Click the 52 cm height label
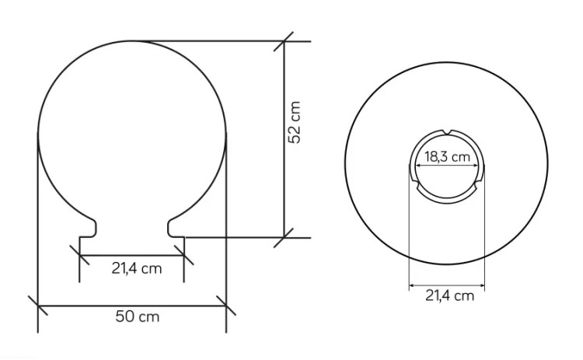tap(294, 122)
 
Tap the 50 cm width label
tap(137, 317)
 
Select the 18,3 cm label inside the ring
tap(447, 157)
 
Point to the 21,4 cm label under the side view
tap(137, 268)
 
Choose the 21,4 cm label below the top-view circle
tap(449, 295)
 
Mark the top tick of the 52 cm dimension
tap(284, 41)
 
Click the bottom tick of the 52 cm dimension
tap(284, 238)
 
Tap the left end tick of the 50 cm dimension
tap(38, 306)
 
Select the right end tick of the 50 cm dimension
tap(226, 306)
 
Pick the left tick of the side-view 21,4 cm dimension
tap(79, 255)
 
